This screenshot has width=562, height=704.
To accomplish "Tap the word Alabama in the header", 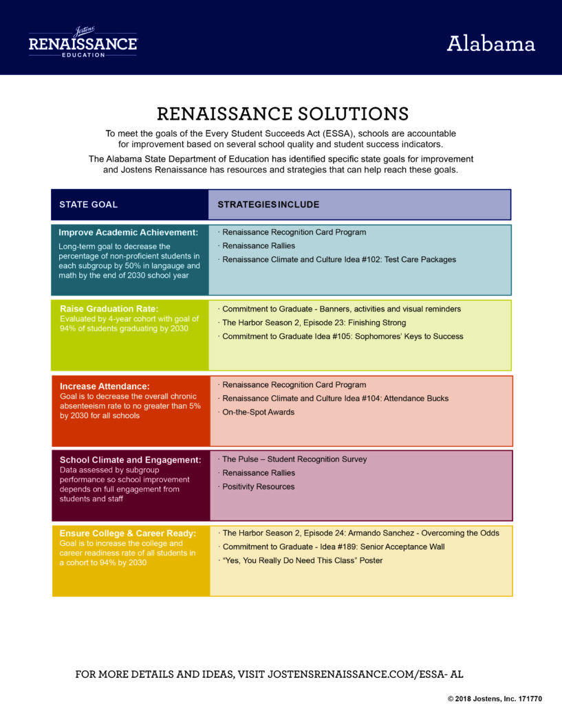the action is (490, 43).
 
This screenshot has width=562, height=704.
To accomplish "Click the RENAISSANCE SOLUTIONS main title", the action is (283, 113).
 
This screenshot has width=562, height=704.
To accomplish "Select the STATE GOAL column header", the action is (89, 205).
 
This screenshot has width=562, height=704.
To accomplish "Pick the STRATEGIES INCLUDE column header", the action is (269, 205).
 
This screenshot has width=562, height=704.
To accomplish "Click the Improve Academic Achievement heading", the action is (128, 232).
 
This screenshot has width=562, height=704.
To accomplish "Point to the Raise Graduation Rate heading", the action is (109, 309).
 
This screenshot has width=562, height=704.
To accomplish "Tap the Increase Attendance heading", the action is (105, 386).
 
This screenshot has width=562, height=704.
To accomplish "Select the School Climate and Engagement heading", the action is (130, 460).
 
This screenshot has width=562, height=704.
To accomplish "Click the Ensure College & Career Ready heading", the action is (128, 533).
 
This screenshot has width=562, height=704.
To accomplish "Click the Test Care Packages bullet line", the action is (337, 259).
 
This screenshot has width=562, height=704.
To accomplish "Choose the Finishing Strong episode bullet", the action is (312, 323).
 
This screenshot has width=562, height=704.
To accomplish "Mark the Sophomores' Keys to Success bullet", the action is (341, 336).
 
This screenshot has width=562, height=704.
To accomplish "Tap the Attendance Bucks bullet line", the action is (334, 398).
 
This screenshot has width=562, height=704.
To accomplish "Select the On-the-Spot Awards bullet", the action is (256, 412).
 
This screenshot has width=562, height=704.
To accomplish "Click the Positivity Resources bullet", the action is (256, 487).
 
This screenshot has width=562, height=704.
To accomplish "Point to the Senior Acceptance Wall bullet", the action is (332, 547).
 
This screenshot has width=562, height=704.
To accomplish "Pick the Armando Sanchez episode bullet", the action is (358, 533).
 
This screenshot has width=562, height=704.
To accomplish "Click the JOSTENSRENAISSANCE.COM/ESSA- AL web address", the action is (365, 674).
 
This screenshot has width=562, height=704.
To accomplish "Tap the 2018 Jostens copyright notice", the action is (495, 698).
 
